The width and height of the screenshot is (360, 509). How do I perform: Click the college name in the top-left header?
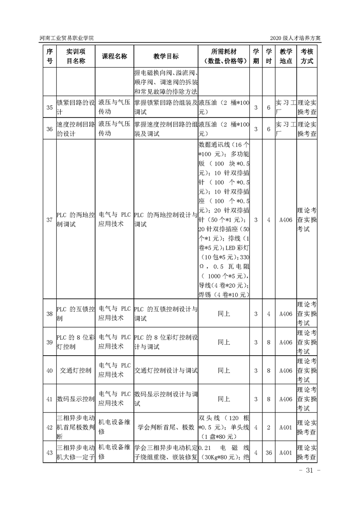(x=68, y=38)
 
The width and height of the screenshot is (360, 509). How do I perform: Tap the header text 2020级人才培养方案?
(x=295, y=38)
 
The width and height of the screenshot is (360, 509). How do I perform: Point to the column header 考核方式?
(x=306, y=56)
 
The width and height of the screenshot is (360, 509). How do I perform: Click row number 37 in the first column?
(x=49, y=220)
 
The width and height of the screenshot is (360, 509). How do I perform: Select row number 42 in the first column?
(x=49, y=427)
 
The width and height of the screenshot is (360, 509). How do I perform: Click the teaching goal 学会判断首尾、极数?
(x=166, y=427)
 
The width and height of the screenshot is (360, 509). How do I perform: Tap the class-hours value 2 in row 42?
(x=269, y=427)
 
